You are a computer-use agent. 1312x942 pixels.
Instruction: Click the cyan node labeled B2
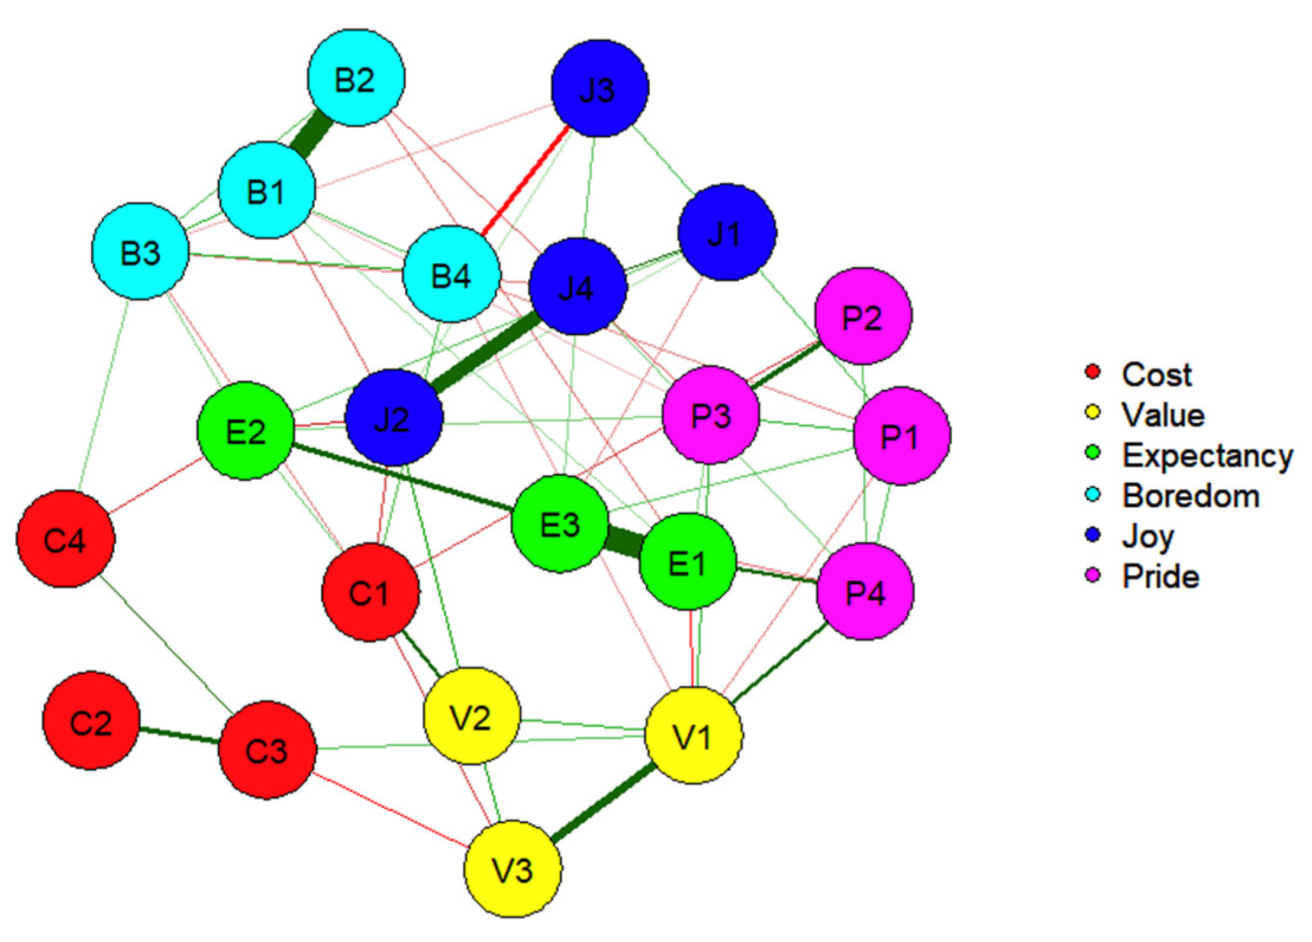point(356,77)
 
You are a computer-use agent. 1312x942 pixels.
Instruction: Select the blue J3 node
point(599,88)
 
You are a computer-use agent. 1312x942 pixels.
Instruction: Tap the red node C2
point(91,720)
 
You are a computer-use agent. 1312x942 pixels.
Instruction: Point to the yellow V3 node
point(512,868)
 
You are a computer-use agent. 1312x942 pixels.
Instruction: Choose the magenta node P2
point(863,316)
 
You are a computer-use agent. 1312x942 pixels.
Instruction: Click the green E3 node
point(560,524)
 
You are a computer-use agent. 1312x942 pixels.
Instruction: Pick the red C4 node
point(65,539)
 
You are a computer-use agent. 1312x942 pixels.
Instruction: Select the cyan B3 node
point(140,251)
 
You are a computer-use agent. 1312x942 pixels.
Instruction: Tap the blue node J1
point(727,232)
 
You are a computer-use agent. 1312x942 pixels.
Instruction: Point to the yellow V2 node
point(472,716)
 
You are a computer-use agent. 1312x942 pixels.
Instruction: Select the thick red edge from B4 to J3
point(526,181)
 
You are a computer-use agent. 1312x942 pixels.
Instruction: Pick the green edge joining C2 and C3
point(179,736)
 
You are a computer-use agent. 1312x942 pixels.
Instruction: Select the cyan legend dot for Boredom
point(1093,494)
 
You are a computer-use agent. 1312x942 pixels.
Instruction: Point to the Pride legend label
point(1161,577)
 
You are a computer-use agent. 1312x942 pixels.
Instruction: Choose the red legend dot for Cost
point(1093,373)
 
